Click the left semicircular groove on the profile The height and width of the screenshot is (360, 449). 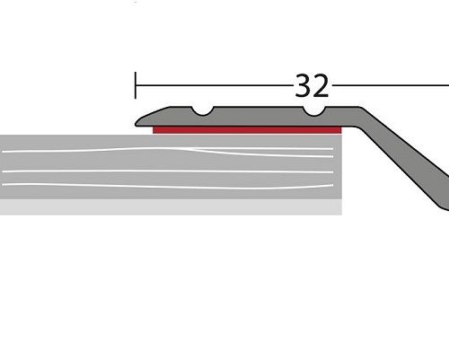[x=203, y=111]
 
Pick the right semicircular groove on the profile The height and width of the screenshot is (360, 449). [x=314, y=111]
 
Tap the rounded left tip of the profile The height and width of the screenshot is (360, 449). [x=138, y=120]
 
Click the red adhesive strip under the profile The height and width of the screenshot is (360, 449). [x=247, y=130]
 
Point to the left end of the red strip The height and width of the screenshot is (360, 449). [x=155, y=130]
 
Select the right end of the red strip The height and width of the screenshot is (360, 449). [x=339, y=130]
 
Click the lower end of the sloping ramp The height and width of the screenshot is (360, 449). [x=443, y=205]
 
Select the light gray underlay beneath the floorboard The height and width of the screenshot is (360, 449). [x=171, y=207]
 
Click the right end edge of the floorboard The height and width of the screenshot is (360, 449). [x=341, y=171]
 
